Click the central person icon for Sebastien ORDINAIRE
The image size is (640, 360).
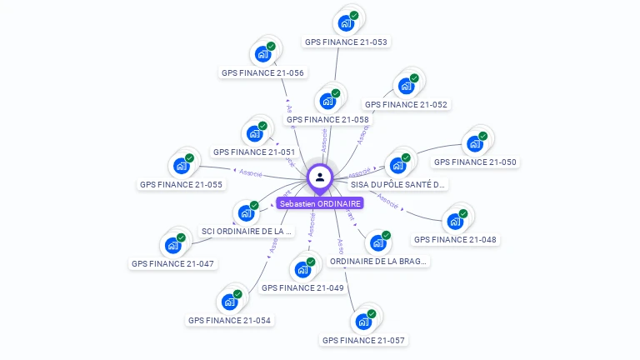[320, 177]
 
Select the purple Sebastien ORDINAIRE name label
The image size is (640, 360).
[320, 203]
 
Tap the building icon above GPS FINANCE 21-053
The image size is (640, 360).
[345, 22]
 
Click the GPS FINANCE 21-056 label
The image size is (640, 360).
[262, 72]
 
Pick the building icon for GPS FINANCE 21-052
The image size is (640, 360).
[406, 85]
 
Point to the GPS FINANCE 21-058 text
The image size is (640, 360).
[327, 119]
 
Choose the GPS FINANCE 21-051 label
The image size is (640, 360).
[254, 152]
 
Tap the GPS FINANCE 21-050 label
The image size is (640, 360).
[475, 162]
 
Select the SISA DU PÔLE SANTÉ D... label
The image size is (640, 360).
[399, 183]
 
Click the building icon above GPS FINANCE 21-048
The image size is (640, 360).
[455, 221]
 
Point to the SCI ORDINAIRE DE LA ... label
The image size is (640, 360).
[247, 231]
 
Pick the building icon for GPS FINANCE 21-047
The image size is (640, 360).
[172, 245]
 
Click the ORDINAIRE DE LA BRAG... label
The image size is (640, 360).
[379, 261]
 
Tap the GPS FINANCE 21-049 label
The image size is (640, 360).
[302, 287]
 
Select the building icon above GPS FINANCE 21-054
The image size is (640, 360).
[229, 302]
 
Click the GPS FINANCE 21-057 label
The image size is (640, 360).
[364, 340]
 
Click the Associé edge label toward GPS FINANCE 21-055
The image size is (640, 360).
[251, 173]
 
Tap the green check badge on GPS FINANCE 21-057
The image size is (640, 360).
[372, 314]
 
